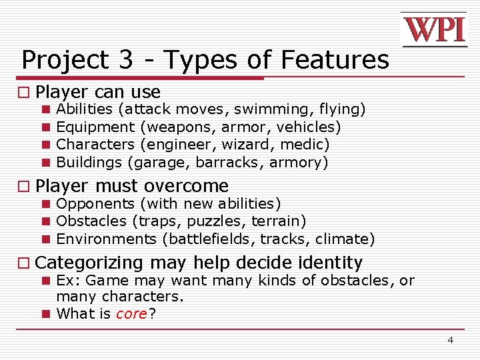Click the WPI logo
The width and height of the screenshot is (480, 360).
434,29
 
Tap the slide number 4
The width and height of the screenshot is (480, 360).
450,340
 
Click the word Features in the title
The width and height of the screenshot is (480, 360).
335,60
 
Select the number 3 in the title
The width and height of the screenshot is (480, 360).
127,60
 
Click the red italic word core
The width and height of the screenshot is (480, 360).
131,313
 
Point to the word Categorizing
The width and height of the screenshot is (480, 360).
89,263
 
